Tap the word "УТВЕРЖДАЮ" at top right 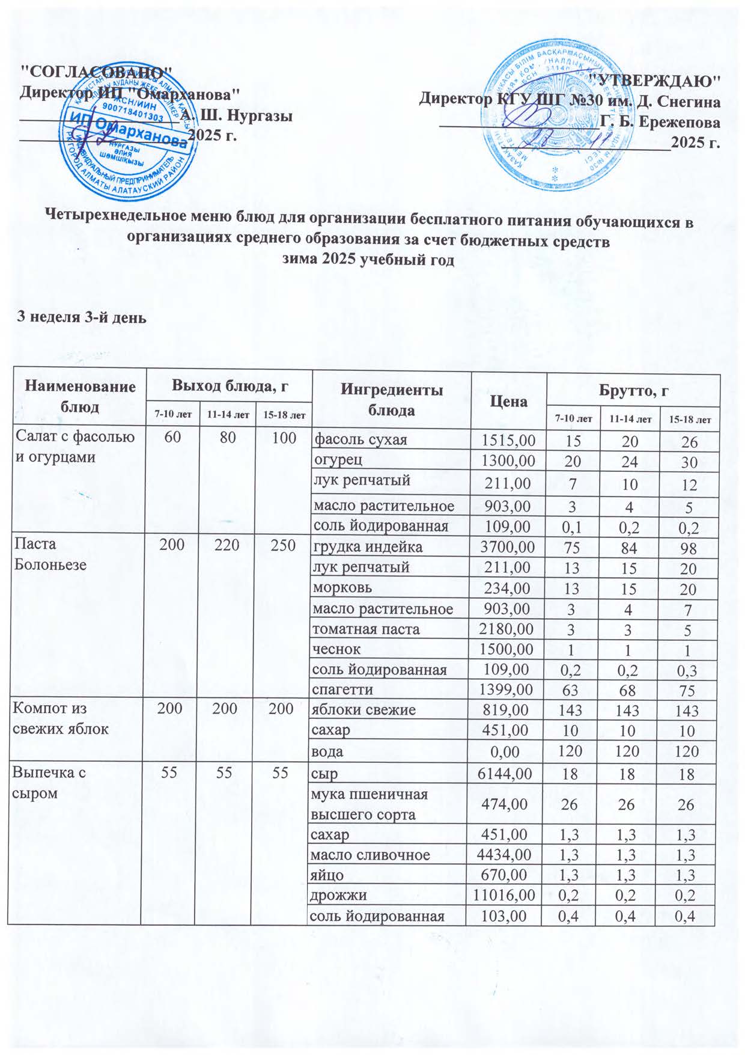pos(654,79)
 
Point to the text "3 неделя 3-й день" pos(81,317)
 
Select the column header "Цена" pos(508,401)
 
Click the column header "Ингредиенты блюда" pos(391,400)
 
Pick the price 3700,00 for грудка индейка pos(506,547)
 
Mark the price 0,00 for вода pos(515,751)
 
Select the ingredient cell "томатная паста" pos(365,629)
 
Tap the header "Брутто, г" pos(634,391)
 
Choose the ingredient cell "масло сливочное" pos(369,854)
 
